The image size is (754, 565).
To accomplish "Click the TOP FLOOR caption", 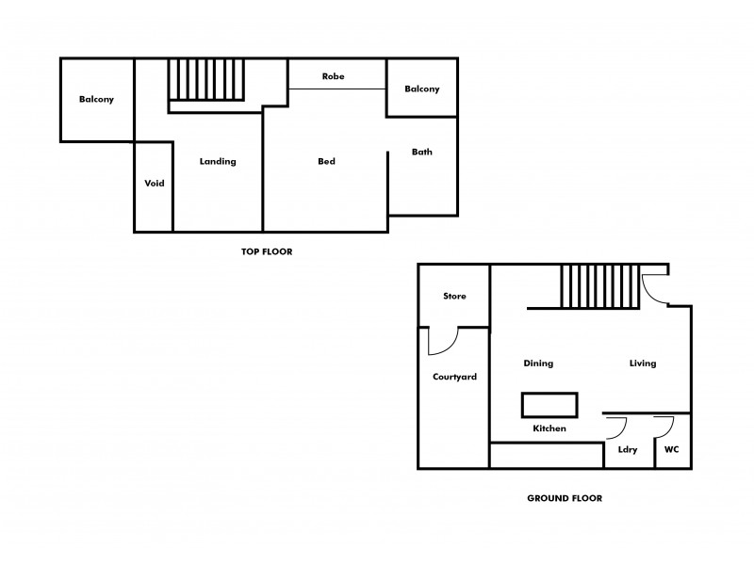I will [267, 251].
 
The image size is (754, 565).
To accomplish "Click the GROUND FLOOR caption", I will [565, 498].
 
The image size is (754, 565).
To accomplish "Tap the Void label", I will [155, 183].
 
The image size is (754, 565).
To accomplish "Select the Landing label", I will [218, 161].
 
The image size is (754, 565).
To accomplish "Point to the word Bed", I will [326, 161].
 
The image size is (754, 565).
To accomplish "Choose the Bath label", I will [422, 152].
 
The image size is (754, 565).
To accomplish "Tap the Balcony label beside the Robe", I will [421, 89].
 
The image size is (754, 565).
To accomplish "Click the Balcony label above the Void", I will [96, 99].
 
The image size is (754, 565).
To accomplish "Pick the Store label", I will [454, 296].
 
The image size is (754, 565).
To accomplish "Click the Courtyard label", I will [454, 377].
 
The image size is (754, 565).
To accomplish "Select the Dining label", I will [538, 363].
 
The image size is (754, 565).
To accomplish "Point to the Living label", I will [643, 363].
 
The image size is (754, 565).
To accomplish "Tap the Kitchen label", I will [549, 428].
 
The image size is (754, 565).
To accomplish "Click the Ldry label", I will [628, 449].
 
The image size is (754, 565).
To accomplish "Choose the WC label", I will [672, 449].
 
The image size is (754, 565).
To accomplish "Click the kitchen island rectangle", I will [549, 405].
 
